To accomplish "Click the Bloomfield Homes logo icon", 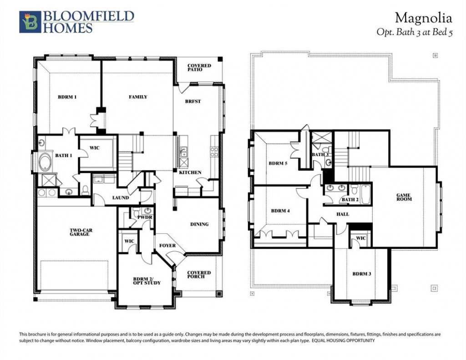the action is point(30,22).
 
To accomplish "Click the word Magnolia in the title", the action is point(424,18).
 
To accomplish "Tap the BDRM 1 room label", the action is point(67,97).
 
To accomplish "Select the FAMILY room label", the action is point(138,97).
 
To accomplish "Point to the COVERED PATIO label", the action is point(199,67).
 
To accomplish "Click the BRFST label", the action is point(193,101).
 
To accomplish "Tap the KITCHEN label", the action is point(190,172).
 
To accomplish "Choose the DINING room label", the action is point(199,224).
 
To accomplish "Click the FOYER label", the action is point(167,246).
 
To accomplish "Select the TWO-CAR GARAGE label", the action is point(80,232).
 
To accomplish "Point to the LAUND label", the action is point(120,198).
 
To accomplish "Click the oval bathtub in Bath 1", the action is point(45,162).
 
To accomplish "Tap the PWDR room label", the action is point(145,218).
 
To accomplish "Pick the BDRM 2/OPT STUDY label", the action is point(147,281).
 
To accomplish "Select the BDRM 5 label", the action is point(278,163).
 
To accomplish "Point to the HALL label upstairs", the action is point(343,214).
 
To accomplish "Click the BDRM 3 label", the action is point(362,274).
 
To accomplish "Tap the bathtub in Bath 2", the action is point(365,194).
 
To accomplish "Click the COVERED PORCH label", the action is point(199,275).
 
